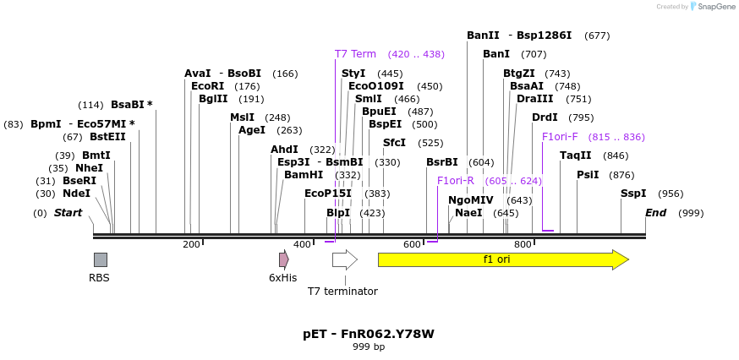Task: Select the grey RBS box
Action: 100,259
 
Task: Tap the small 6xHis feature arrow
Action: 284,259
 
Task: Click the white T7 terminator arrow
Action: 344,259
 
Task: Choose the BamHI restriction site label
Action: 303,175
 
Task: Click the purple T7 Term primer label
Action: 355,54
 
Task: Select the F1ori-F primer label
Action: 560,137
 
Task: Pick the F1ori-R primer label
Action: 455,181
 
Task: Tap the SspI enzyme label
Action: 633,194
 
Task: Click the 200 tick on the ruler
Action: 192,244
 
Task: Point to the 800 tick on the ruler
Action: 523,244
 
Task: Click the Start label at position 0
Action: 68,213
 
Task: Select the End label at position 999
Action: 656,213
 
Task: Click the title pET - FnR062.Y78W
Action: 369,334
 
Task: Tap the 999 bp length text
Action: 369,347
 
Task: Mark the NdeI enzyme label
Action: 76,194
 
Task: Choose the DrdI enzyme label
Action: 545,117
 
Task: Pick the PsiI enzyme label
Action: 588,175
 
